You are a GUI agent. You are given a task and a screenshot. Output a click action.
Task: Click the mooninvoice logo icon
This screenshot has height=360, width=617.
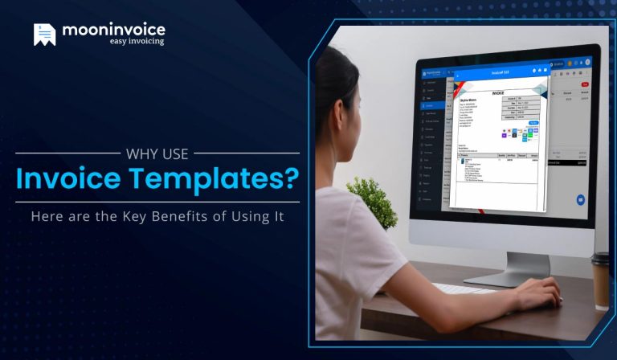45,34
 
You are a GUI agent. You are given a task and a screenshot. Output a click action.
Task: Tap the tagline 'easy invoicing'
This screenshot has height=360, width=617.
137,41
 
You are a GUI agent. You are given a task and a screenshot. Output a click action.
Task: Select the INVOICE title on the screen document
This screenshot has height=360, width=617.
497,93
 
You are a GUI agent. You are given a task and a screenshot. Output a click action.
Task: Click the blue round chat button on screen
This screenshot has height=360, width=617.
580,199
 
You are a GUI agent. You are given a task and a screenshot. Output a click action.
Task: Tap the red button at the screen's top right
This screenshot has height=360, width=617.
583,82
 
